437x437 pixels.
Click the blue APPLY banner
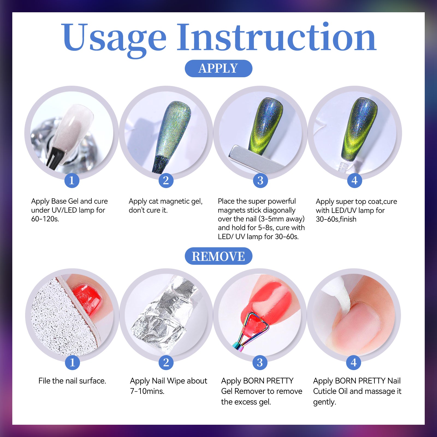218,68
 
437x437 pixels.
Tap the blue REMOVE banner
218,256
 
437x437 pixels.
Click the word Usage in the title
114,38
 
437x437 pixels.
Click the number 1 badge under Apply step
72,180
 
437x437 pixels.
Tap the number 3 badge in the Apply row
260,180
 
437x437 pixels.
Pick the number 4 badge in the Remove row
354,362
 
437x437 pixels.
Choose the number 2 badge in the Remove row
166,362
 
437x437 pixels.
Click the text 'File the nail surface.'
72,381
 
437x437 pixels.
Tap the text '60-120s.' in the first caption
45,219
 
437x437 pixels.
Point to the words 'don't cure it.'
148,210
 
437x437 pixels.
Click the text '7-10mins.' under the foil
147,391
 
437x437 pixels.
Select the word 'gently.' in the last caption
325,402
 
